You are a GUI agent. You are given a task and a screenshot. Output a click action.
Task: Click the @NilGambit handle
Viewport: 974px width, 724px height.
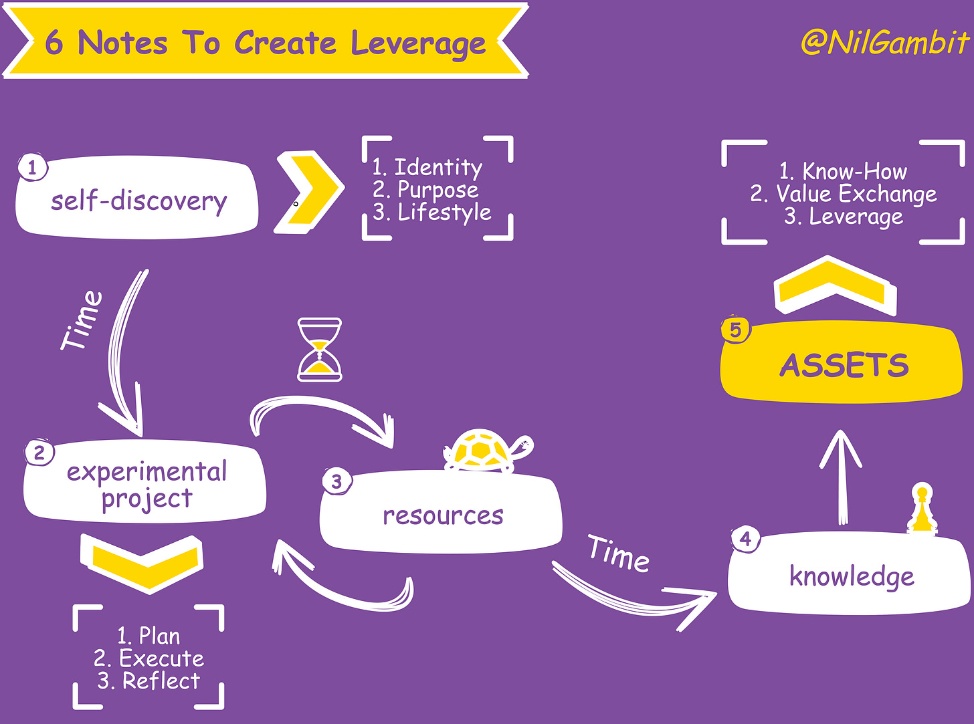click(x=884, y=43)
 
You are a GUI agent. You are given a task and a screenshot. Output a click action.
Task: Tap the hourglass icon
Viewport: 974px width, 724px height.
click(x=320, y=350)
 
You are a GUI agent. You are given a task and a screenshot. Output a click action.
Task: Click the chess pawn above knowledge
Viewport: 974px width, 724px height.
click(x=922, y=509)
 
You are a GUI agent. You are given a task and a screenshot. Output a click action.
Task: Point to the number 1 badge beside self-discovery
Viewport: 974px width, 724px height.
click(x=32, y=167)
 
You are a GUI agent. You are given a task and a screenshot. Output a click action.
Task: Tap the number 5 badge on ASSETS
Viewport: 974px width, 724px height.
click(x=735, y=330)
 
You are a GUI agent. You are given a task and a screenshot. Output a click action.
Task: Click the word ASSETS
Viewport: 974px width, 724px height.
click(x=844, y=366)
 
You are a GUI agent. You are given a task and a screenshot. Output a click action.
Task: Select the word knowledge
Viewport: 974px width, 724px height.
click(x=852, y=576)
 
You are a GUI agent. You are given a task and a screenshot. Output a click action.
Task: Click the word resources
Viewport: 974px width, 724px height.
click(x=443, y=515)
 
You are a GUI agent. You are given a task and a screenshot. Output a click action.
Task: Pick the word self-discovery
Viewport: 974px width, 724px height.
click(x=139, y=201)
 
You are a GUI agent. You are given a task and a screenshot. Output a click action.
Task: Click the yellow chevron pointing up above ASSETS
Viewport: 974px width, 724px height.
click(x=834, y=286)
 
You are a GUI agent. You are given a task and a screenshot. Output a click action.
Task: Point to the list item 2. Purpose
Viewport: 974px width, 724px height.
click(x=426, y=190)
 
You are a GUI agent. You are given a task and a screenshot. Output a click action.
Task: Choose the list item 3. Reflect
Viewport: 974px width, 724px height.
click(x=149, y=681)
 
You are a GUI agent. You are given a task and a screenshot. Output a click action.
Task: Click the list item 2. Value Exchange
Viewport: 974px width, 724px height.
click(x=844, y=194)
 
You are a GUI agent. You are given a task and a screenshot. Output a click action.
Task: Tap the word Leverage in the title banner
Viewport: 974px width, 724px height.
click(x=418, y=44)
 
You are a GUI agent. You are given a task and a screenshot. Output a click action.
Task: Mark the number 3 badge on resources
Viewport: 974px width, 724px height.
click(x=336, y=481)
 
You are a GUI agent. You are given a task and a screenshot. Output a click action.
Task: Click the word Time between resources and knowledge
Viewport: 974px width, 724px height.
click(x=619, y=554)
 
